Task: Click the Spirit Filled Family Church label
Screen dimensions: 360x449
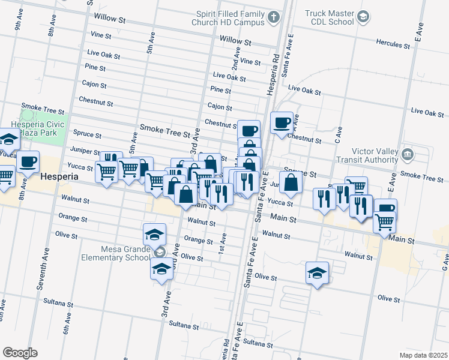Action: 231,17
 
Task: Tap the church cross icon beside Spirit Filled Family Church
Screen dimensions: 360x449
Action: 274,17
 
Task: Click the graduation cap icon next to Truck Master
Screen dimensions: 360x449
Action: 363,17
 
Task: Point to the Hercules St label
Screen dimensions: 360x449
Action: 396,43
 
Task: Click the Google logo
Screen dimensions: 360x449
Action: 20,353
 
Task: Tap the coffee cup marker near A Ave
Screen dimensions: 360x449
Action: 282,123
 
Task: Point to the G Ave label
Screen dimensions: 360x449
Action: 445,261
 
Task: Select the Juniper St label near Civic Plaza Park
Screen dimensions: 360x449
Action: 85,152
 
